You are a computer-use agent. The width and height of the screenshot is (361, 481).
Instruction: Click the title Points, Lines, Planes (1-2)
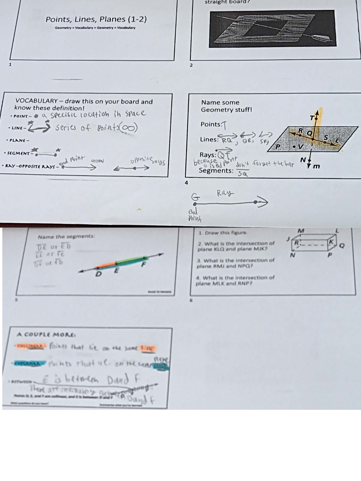[96, 20]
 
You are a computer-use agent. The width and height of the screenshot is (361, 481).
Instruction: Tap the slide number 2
[191, 65]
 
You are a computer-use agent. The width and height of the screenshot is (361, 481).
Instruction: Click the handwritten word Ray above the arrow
[225, 193]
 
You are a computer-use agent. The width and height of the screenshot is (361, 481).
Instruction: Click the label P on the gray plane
[278, 146]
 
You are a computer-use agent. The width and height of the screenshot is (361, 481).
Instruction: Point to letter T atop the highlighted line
[312, 118]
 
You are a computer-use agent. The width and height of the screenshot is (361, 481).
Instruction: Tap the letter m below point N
[316, 166]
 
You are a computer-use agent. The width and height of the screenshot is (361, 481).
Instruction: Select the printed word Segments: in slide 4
[216, 171]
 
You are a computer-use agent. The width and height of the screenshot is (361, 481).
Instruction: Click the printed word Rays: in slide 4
[208, 155]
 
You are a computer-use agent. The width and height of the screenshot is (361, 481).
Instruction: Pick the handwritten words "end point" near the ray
[72, 160]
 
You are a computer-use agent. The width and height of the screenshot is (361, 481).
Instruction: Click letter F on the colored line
[144, 265]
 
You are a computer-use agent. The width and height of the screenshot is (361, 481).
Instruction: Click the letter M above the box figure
[301, 231]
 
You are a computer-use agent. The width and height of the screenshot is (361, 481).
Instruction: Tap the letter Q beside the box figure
[341, 246]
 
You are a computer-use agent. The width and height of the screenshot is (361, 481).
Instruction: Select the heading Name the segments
[66, 236]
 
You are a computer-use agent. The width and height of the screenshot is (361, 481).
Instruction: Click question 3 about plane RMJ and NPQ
[236, 263]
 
